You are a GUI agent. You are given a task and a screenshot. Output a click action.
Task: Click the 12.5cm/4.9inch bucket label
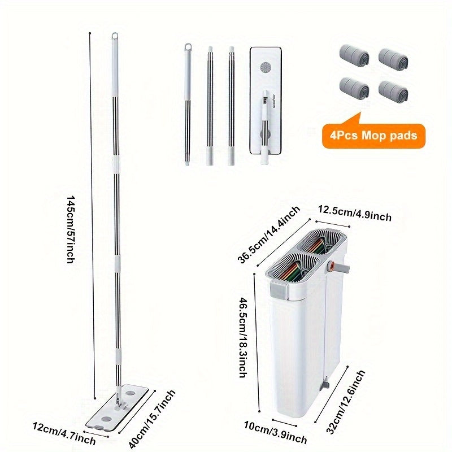[355, 214]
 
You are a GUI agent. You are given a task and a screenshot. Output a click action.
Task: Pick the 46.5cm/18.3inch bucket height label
[244, 337]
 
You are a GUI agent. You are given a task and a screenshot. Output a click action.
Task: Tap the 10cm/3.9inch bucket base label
[275, 432]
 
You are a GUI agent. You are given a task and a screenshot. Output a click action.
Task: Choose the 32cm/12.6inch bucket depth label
[345, 402]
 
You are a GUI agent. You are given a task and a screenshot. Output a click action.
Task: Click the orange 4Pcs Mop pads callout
[373, 136]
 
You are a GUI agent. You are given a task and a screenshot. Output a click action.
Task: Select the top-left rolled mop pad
[354, 57]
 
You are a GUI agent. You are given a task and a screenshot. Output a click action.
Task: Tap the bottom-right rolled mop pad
[393, 93]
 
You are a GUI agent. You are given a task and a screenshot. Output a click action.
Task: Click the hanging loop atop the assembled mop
[115, 36]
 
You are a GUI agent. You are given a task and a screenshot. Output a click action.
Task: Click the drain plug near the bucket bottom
[325, 385]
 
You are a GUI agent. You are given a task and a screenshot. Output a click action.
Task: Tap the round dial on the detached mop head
[266, 68]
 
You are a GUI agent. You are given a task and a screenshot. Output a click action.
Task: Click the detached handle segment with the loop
[188, 105]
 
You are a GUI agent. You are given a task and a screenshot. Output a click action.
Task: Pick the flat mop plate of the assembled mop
[117, 407]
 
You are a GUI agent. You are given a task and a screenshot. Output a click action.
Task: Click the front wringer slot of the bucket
[294, 268]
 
